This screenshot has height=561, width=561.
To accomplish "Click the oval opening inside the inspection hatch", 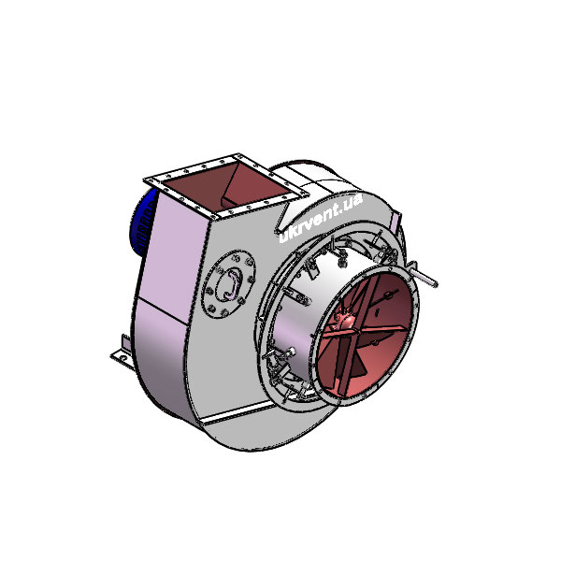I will click(x=227, y=282).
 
